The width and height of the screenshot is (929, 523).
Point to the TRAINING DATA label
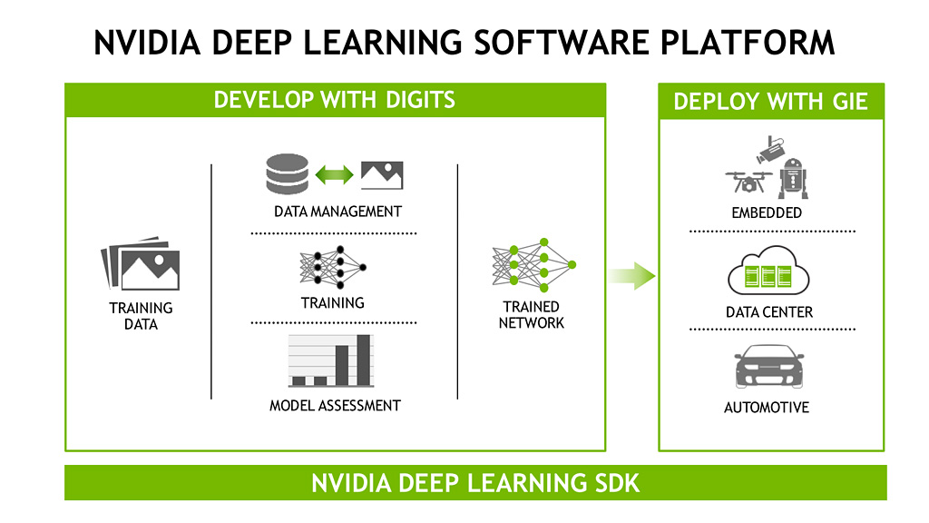click(141, 316)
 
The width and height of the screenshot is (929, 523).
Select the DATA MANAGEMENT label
click(337, 212)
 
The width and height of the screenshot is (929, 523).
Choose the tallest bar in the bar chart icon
click(364, 360)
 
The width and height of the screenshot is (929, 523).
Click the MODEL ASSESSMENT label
click(335, 406)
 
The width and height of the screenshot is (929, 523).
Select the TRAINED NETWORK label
click(532, 314)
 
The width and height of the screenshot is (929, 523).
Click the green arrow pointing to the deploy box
click(632, 274)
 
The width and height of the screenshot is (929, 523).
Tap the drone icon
click(747, 180)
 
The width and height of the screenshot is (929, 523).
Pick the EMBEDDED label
click(767, 212)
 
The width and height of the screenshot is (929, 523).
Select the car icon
click(769, 368)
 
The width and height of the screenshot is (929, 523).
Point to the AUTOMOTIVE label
click(767, 408)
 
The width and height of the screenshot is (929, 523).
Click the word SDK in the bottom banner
click(612, 483)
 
